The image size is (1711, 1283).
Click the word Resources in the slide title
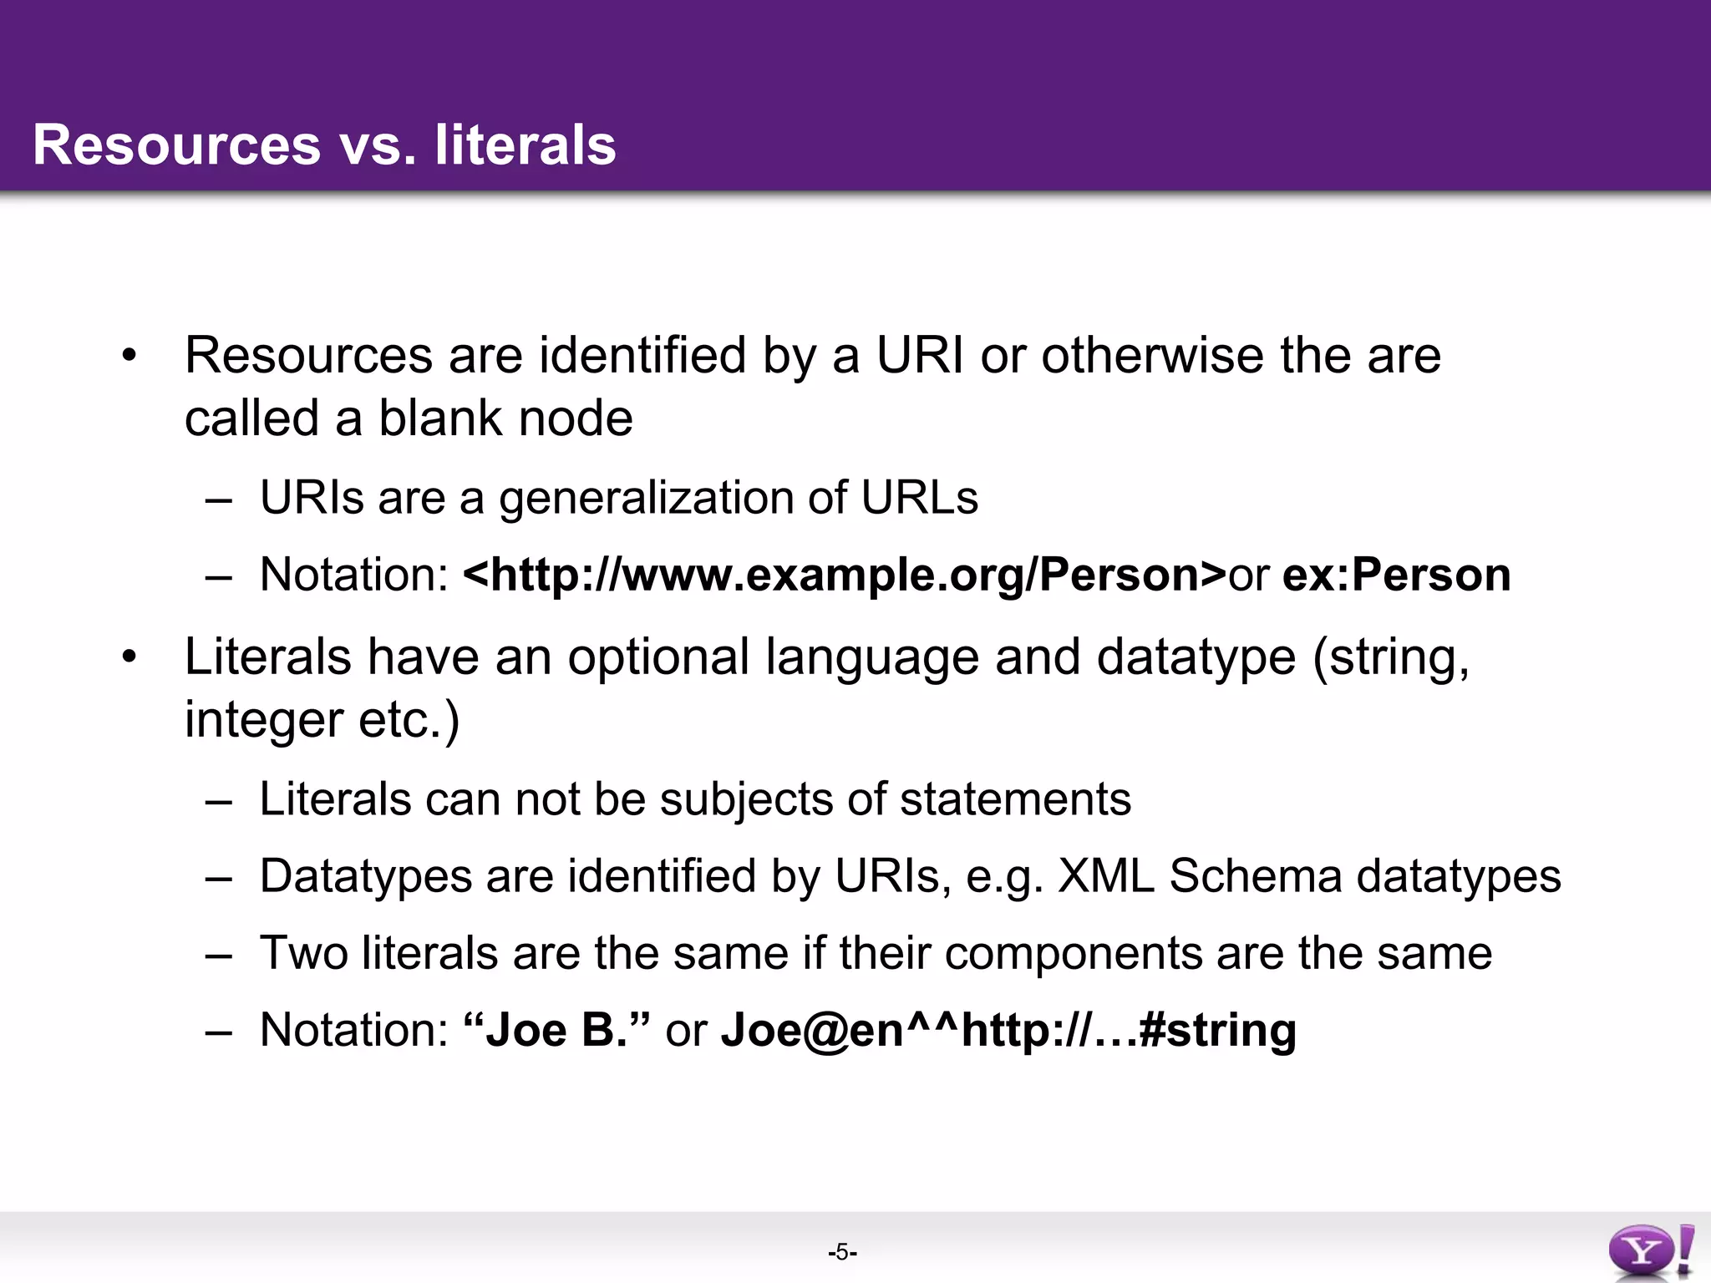(x=176, y=145)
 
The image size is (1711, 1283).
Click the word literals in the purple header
(x=525, y=145)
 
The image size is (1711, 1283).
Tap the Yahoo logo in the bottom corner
(x=1650, y=1250)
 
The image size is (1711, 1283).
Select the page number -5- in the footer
(x=842, y=1252)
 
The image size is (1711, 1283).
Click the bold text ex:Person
(x=1396, y=575)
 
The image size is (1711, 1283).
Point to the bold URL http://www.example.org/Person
(x=844, y=575)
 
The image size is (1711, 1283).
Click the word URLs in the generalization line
(x=919, y=498)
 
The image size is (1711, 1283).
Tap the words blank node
(x=505, y=418)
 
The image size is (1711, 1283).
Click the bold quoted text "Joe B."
(x=556, y=1029)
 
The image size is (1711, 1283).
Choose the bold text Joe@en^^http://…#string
(x=1008, y=1029)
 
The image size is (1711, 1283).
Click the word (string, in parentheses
(x=1391, y=658)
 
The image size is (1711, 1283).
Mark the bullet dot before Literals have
(x=128, y=657)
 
